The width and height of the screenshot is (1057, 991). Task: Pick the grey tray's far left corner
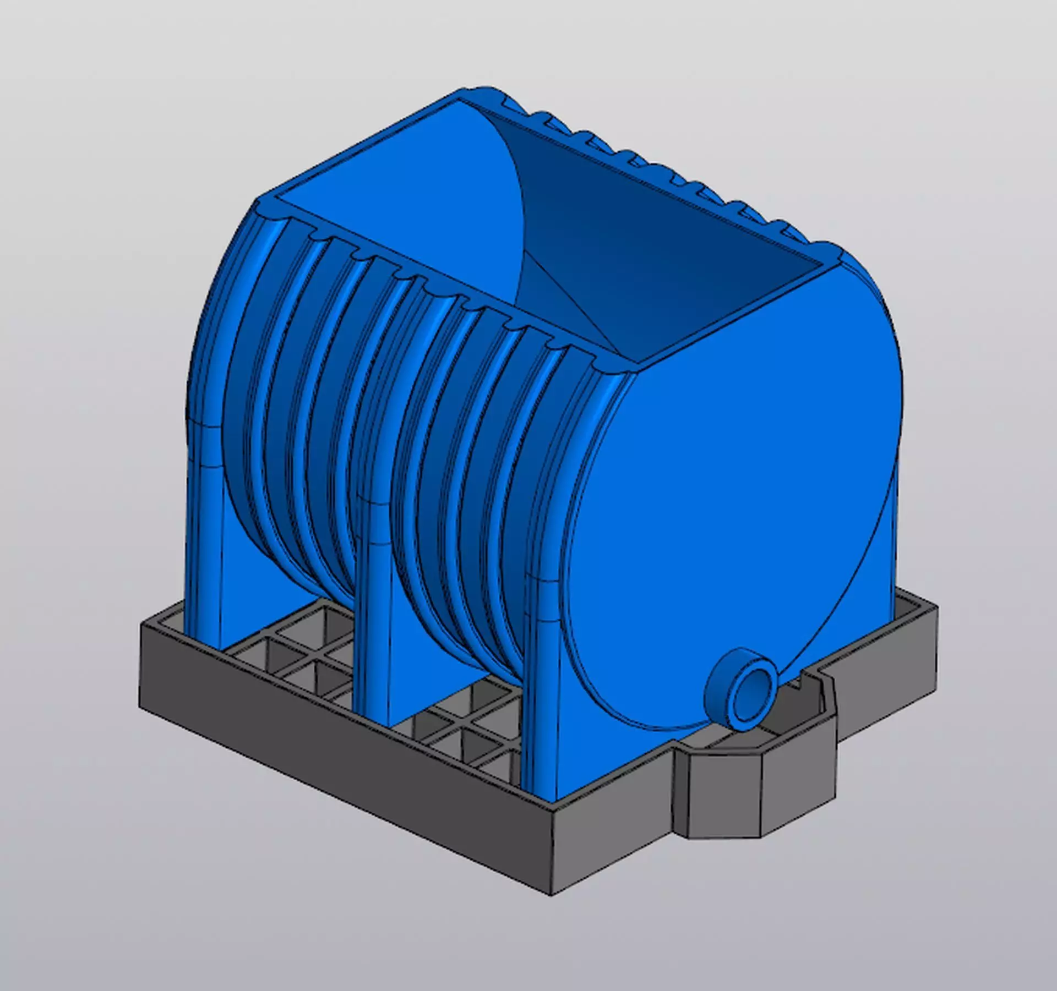pos(142,627)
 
